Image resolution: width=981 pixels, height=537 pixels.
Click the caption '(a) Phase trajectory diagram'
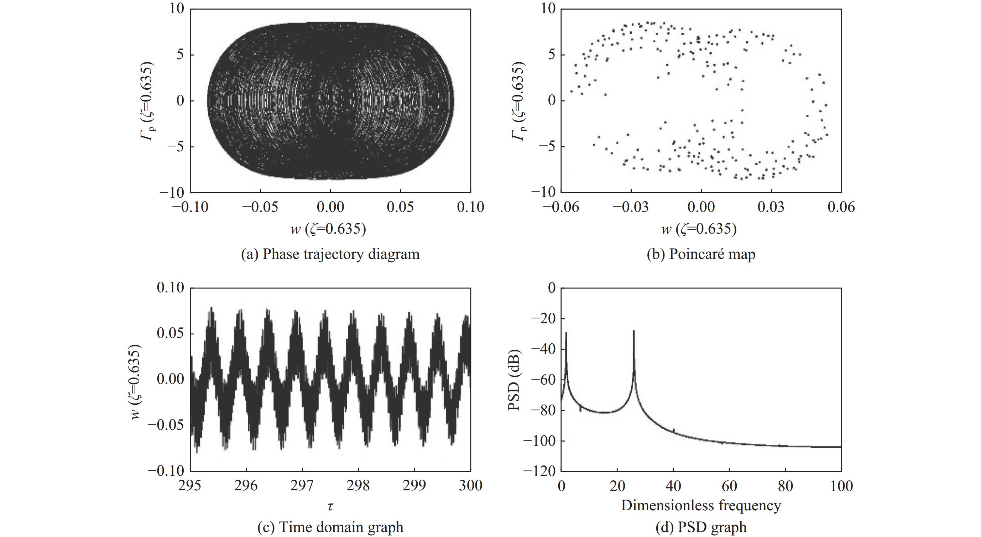pyautogui.click(x=330, y=254)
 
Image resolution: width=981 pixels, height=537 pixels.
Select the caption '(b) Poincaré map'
pyautogui.click(x=701, y=254)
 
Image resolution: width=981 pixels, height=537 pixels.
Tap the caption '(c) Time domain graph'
pyautogui.click(x=330, y=527)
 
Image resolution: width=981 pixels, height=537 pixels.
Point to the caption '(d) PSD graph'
pyautogui.click(x=701, y=527)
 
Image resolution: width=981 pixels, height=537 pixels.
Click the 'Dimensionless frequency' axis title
pyautogui.click(x=701, y=505)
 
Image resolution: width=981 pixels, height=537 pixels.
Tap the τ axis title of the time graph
pyautogui.click(x=330, y=506)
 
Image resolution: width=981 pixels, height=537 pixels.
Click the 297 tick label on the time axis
pyautogui.click(x=302, y=486)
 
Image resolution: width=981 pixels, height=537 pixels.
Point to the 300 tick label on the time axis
pyautogui.click(x=470, y=486)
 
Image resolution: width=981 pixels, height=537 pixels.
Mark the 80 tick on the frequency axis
pyautogui.click(x=785, y=486)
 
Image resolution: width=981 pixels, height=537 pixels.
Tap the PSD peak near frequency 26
pyautogui.click(x=634, y=331)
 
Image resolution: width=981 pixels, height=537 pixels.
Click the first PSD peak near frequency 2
pyautogui.click(x=566, y=333)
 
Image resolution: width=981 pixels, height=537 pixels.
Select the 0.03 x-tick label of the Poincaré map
pyautogui.click(x=771, y=207)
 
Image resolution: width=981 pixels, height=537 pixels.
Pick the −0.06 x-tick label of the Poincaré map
pyautogui.click(x=560, y=207)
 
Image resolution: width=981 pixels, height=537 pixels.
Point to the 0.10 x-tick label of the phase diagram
pyautogui.click(x=470, y=207)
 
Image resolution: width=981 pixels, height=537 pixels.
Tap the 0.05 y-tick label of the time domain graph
pyautogui.click(x=170, y=334)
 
